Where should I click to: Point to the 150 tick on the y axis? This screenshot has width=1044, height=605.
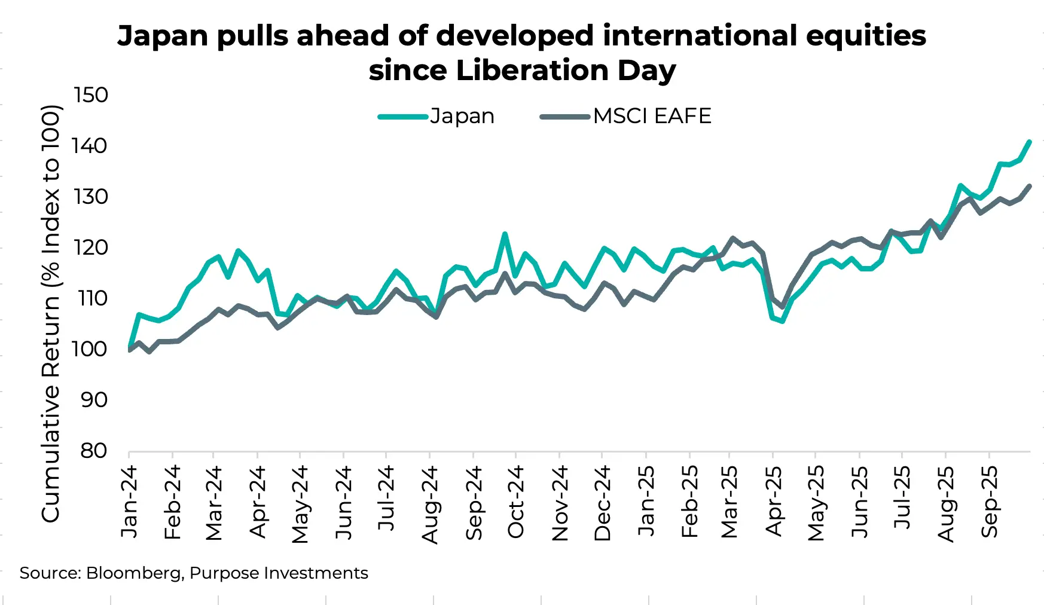click(x=90, y=95)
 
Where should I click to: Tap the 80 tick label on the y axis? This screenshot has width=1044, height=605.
click(x=94, y=451)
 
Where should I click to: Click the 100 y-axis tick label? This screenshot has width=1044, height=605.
click(x=90, y=349)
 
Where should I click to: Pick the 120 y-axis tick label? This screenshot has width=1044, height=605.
click(x=90, y=247)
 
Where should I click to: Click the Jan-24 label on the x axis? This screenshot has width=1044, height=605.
click(x=129, y=502)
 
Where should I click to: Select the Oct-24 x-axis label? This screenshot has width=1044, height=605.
click(x=515, y=502)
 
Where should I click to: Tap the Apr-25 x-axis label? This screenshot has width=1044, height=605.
click(x=774, y=502)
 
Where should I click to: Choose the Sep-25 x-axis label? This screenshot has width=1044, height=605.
click(x=990, y=502)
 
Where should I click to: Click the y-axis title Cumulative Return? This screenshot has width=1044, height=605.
click(x=51, y=313)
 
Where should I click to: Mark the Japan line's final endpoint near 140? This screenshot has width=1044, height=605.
click(x=1029, y=142)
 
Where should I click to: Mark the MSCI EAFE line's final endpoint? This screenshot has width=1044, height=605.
click(x=1029, y=186)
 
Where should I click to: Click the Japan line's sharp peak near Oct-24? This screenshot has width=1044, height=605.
click(x=505, y=234)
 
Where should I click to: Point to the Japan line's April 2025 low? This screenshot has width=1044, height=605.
click(x=782, y=321)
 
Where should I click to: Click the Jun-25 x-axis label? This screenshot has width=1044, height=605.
click(x=860, y=502)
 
